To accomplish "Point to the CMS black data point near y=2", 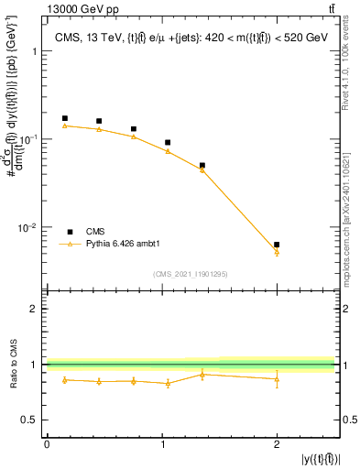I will click(277, 245).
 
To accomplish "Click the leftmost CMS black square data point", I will click(64, 118).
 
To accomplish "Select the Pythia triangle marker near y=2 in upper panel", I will click(277, 252).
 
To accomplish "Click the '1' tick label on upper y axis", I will click(36, 52).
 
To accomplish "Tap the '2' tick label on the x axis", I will click(277, 443).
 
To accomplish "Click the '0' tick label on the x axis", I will click(47, 443).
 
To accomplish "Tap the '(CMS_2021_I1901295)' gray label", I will click(191, 274).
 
